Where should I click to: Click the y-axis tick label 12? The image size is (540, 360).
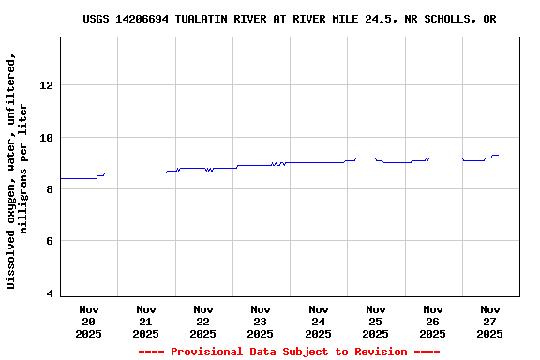click(46, 85)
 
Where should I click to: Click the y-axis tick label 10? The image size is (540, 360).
click(46, 138)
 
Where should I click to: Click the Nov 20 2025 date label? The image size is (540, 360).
click(89, 321)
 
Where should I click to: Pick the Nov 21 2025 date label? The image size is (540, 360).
click(146, 321)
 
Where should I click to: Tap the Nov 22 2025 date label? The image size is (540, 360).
click(203, 321)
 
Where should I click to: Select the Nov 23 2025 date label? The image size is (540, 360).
click(261, 321)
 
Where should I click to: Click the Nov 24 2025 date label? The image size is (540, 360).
click(318, 321)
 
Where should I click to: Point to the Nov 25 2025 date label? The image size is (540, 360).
click(375, 321)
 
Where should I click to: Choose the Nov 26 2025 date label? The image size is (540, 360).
click(432, 321)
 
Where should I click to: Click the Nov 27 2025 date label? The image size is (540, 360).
click(489, 321)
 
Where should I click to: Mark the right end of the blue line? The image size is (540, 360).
click(498, 155)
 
